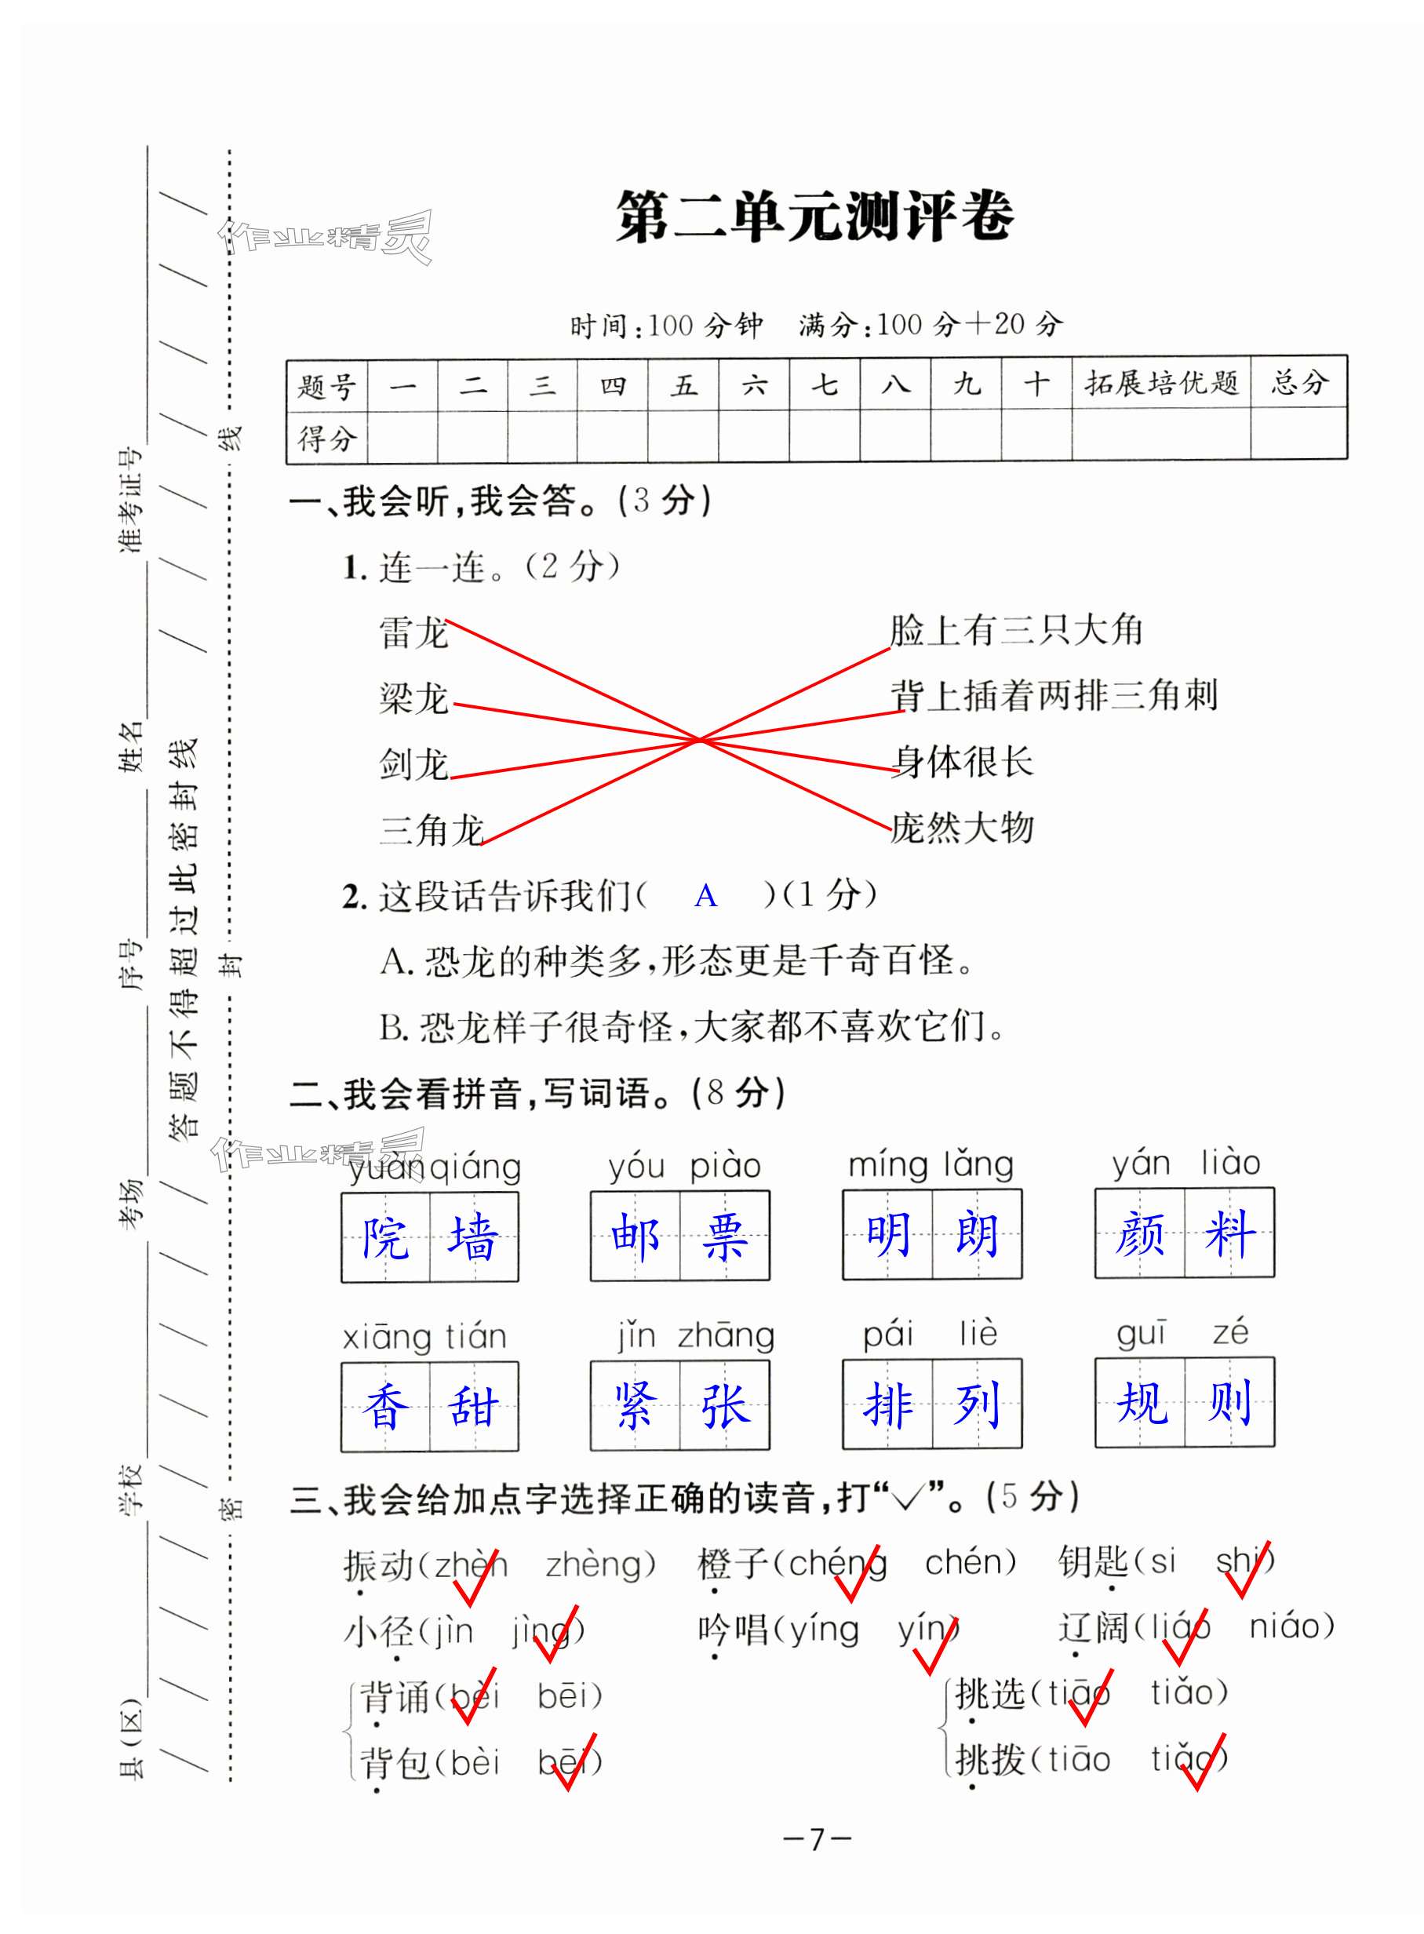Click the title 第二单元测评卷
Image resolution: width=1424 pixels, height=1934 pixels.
(x=814, y=216)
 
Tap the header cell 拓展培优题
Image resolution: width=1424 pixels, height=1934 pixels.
(x=1160, y=383)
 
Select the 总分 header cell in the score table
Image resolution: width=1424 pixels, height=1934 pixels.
(x=1298, y=383)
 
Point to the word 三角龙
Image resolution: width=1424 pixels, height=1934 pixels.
(x=431, y=830)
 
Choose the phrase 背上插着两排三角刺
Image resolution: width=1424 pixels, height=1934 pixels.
(x=1054, y=695)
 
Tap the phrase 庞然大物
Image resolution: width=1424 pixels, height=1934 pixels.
(x=961, y=829)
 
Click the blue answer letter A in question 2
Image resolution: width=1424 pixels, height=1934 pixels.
(x=705, y=896)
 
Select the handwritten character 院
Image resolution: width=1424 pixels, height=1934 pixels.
(x=385, y=1237)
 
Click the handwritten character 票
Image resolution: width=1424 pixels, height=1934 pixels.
(x=724, y=1236)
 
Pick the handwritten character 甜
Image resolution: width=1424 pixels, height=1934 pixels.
(x=473, y=1407)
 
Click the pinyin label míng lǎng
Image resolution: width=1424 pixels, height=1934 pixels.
(x=931, y=1164)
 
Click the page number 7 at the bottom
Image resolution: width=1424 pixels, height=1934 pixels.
(x=816, y=1838)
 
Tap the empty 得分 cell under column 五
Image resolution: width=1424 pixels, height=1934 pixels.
(x=683, y=437)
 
